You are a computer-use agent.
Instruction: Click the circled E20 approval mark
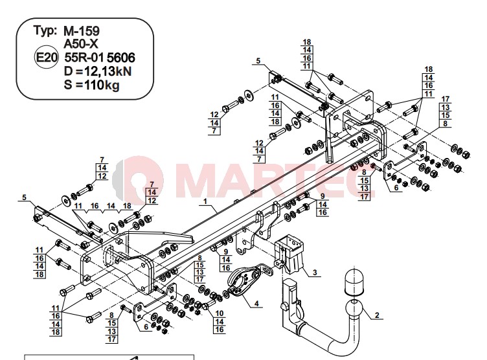click(46, 58)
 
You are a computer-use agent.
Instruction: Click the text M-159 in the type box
click(82, 31)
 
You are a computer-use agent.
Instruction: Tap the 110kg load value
click(101, 85)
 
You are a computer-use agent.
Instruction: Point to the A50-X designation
click(81, 45)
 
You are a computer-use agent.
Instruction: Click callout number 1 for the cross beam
click(205, 201)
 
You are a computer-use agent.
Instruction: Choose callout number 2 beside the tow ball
click(377, 315)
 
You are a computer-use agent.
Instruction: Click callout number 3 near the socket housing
click(315, 273)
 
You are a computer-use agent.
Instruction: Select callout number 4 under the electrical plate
click(256, 304)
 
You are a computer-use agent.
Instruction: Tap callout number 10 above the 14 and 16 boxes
click(220, 313)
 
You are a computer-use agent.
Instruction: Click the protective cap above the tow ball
click(354, 283)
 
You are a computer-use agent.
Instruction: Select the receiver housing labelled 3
click(289, 254)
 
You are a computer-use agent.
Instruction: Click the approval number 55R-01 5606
click(100, 58)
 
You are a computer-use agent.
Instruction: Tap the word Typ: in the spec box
click(45, 30)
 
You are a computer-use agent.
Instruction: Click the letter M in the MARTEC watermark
click(205, 178)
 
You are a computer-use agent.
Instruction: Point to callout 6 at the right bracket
click(396, 188)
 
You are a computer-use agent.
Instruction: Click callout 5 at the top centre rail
click(258, 61)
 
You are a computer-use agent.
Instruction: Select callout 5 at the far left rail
click(24, 197)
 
